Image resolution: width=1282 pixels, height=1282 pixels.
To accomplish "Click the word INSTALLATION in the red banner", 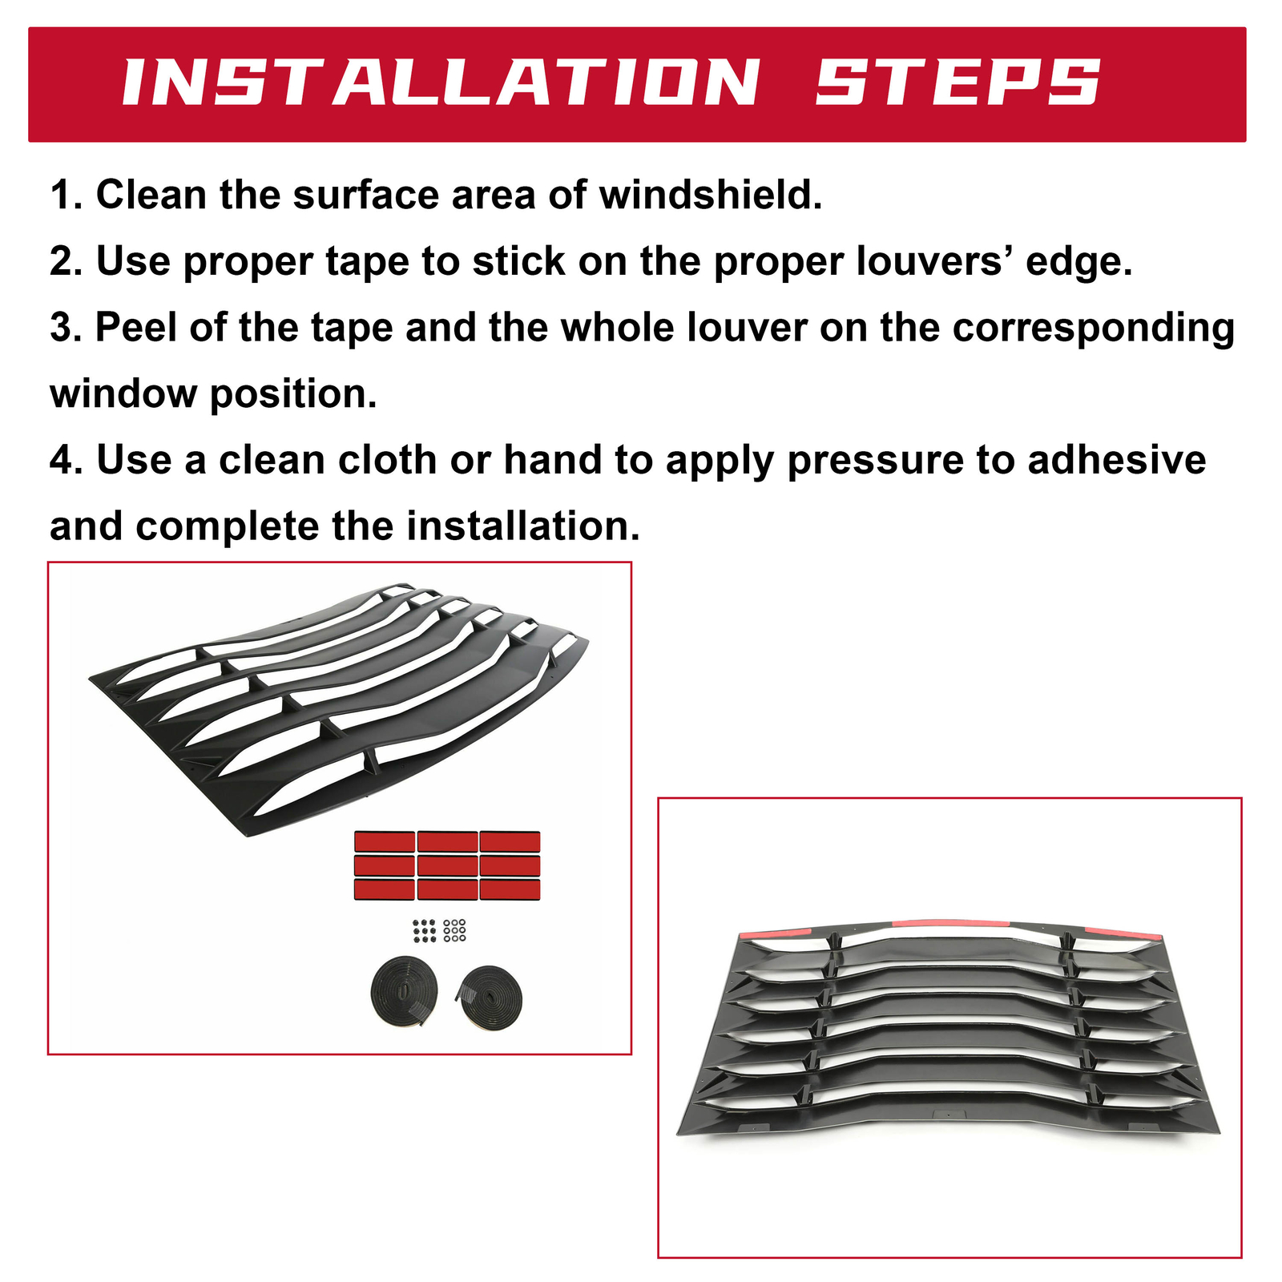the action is point(441,83).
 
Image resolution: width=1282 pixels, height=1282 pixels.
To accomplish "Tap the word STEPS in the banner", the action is point(958,83).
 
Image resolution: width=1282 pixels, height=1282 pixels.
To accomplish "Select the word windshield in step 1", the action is point(711,195).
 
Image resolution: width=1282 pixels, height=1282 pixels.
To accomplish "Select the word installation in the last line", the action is point(523,526).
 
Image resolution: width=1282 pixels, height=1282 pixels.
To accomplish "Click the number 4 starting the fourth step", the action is point(62,461).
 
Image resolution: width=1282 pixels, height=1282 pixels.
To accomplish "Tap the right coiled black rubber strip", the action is point(489,998).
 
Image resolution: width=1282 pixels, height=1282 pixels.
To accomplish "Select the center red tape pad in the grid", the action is point(447,865).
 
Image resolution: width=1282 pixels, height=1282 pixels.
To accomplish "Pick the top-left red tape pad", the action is point(385,841).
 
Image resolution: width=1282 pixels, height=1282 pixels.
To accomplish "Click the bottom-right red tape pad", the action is point(510,889).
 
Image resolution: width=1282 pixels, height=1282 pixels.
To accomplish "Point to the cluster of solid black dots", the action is point(424,930).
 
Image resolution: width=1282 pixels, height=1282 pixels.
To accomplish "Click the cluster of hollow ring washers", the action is point(454,929).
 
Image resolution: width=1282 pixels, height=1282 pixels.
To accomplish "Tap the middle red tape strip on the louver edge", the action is point(949,922).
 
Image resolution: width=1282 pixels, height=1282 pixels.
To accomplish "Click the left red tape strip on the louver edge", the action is point(776,933).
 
